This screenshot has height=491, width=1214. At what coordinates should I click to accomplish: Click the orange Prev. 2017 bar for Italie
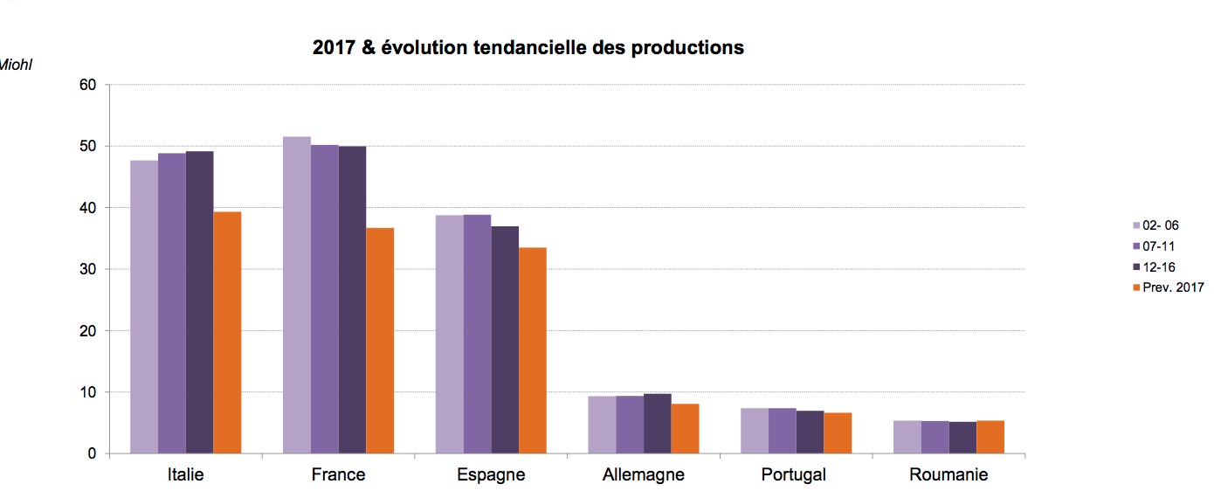tap(227, 333)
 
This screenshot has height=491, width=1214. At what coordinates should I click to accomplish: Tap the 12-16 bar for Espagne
tap(505, 340)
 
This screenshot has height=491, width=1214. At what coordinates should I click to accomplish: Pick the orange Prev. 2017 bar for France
tap(380, 341)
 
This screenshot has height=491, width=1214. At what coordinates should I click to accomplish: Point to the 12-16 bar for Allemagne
tap(658, 424)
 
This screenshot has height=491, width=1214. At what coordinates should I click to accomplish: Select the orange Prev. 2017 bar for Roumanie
tap(990, 437)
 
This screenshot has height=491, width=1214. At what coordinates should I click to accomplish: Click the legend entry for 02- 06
tap(1160, 225)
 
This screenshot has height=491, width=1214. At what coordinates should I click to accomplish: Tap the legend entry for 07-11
tap(1160, 246)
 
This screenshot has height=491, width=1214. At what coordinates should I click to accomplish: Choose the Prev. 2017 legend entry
tap(1167, 287)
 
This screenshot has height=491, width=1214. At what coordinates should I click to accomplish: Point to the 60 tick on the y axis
tap(87, 85)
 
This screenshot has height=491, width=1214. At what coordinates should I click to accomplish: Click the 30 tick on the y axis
tap(87, 269)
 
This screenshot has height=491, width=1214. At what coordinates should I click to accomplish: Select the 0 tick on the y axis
tap(91, 453)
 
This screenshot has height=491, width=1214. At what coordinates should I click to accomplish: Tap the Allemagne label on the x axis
tap(644, 475)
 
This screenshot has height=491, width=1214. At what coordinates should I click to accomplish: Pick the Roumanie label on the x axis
tap(948, 475)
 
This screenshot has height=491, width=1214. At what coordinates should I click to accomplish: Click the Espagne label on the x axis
tap(491, 475)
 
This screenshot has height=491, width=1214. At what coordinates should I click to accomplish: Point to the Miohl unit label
tap(15, 64)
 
